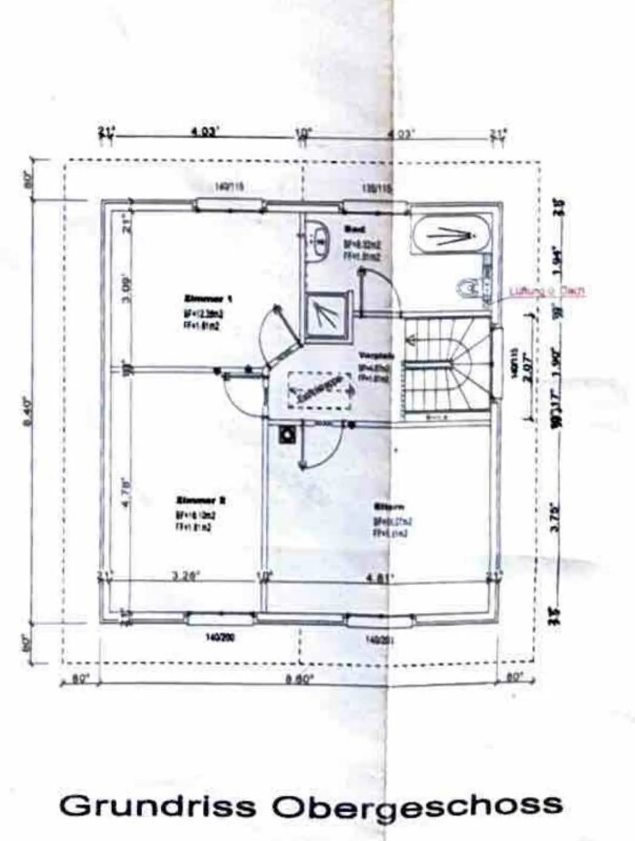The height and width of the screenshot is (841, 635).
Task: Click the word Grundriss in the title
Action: [157, 806]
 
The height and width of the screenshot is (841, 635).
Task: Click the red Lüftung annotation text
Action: [547, 291]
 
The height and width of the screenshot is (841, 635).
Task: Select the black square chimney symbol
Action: [288, 435]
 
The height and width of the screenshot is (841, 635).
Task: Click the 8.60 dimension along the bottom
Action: [299, 679]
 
